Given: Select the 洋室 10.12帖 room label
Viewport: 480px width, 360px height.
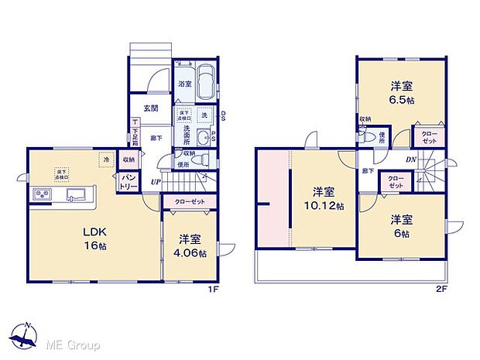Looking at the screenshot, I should pos(323,198).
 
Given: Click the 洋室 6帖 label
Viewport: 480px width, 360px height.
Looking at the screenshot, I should pos(400,225).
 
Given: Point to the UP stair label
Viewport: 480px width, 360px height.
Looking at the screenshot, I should pos(156,182).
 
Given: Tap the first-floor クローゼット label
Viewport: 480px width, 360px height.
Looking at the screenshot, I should pos(188,201).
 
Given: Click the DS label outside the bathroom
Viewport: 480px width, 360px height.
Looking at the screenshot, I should pos(222,117).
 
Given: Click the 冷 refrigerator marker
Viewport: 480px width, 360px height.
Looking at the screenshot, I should pos(106,160).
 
